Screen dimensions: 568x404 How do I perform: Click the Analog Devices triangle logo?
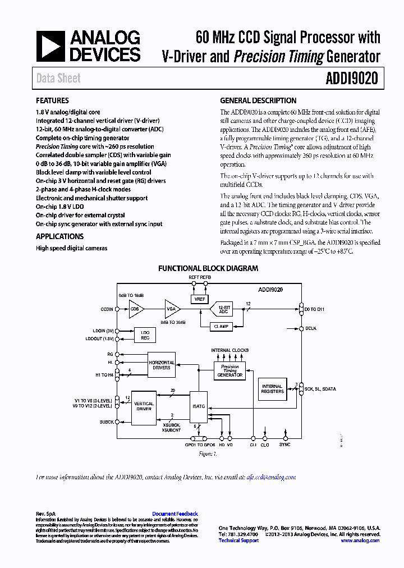pyautogui.click(x=50, y=46)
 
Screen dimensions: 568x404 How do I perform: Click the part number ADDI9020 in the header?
pyautogui.click(x=352, y=79)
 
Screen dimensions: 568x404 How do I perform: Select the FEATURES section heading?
pyautogui.click(x=52, y=101)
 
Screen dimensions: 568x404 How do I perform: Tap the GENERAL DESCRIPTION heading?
pyautogui.click(x=258, y=101)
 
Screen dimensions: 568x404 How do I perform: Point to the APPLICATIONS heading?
pyautogui.click(x=59, y=237)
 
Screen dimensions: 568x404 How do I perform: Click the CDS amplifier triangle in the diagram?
pyautogui.click(x=136, y=309)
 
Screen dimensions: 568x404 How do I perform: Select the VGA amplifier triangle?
pyautogui.click(x=172, y=308)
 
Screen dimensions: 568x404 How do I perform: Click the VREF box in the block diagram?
pyautogui.click(x=200, y=299)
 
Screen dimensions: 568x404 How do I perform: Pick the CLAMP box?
pyautogui.click(x=222, y=326)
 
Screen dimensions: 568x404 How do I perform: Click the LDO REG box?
pyautogui.click(x=145, y=335)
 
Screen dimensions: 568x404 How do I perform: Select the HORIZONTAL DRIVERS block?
pyautogui.click(x=162, y=365)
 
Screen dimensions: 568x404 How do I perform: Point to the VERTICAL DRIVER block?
pyautogui.click(x=144, y=406)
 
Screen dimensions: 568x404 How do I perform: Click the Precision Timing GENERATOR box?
pyautogui.click(x=230, y=371)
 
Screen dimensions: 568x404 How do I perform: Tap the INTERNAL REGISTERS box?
pyautogui.click(x=272, y=389)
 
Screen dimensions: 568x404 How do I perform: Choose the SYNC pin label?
pyautogui.click(x=285, y=445)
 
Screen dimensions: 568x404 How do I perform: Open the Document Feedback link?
pyautogui.click(x=175, y=514)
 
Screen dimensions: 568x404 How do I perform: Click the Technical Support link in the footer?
pyautogui.click(x=238, y=540)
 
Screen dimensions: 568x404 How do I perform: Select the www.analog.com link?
pyautogui.click(x=360, y=540)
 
